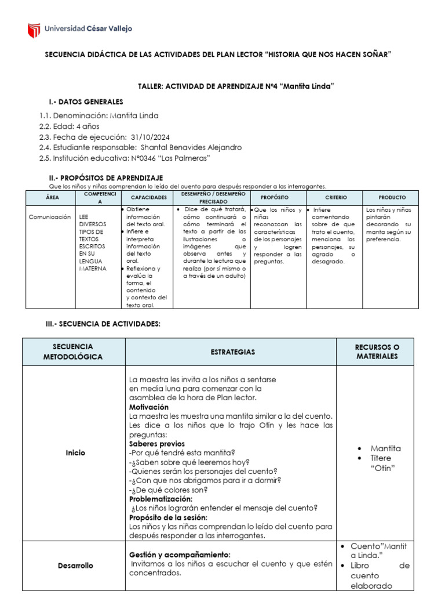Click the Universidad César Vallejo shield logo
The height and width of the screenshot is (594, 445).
34,30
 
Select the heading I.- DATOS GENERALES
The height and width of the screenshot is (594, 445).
86,102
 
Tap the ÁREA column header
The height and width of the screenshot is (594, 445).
52,198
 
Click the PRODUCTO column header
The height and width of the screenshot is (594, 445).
392,198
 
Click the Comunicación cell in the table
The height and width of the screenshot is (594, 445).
50,217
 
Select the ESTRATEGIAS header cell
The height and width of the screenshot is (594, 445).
231,352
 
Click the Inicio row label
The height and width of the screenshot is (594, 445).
75,452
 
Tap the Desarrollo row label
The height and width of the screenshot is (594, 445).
75,565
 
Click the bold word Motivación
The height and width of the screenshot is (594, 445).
149,407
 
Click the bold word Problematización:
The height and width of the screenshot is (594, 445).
161,499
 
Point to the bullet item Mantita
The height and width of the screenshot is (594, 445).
385,448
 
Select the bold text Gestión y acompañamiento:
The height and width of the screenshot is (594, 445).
180,555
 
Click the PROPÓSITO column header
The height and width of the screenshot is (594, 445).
275,198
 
